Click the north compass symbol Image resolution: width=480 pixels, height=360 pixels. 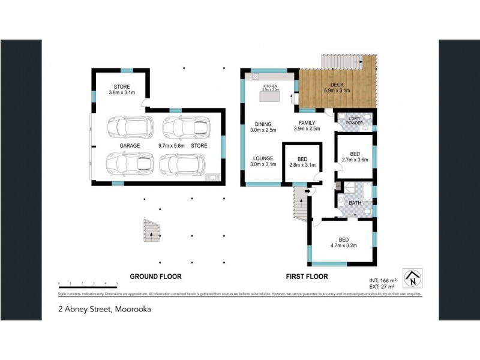[413, 278]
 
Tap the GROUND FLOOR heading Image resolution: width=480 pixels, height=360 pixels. [156, 277]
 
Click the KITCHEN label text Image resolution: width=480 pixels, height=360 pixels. [270, 86]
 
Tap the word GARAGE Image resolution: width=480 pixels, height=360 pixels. [129, 146]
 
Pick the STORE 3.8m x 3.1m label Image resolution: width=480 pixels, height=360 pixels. [122, 90]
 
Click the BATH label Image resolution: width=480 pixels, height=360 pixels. [355, 203]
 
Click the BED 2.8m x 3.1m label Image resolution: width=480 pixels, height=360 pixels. [302, 162]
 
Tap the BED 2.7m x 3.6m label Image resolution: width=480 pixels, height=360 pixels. [354, 157]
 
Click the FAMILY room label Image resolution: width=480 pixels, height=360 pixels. [307, 125]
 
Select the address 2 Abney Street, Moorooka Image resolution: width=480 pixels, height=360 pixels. [104, 310]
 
